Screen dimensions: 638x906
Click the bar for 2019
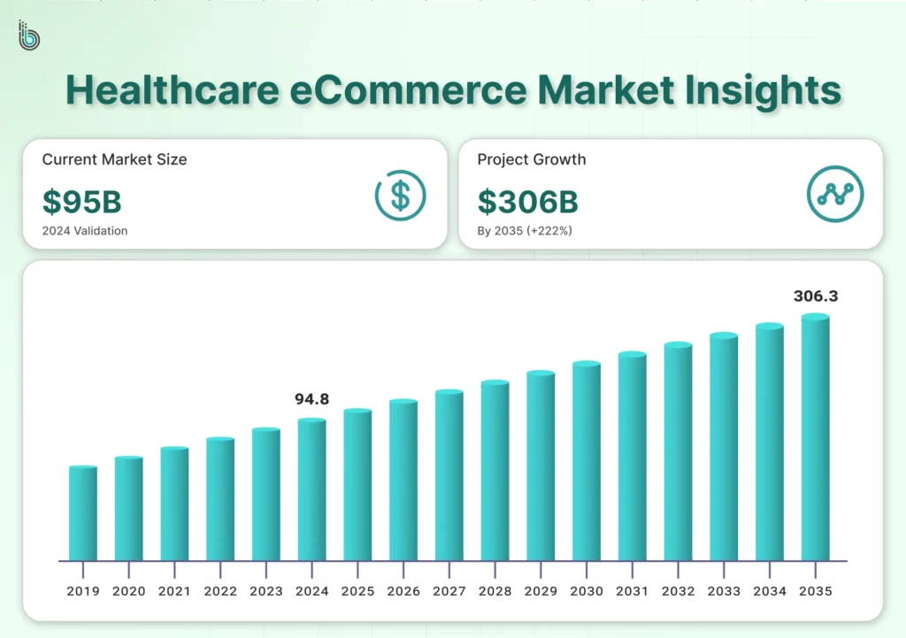(x=83, y=513)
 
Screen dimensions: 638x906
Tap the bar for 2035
(x=815, y=438)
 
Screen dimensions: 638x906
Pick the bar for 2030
(x=587, y=461)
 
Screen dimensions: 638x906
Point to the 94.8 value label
(x=311, y=399)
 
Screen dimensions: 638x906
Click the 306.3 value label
(x=815, y=296)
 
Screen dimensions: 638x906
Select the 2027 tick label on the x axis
(x=449, y=591)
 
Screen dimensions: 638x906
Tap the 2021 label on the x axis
(x=174, y=591)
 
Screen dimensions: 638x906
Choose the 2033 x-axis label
(x=724, y=591)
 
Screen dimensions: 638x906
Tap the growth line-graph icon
(x=835, y=195)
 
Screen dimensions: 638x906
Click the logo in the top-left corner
(x=29, y=36)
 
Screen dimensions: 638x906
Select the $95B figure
(x=82, y=202)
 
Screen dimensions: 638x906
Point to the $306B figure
(x=527, y=202)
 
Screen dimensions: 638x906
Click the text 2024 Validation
(x=85, y=231)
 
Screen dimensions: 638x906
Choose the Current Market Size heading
(x=114, y=160)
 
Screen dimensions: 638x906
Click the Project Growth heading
(x=531, y=160)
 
